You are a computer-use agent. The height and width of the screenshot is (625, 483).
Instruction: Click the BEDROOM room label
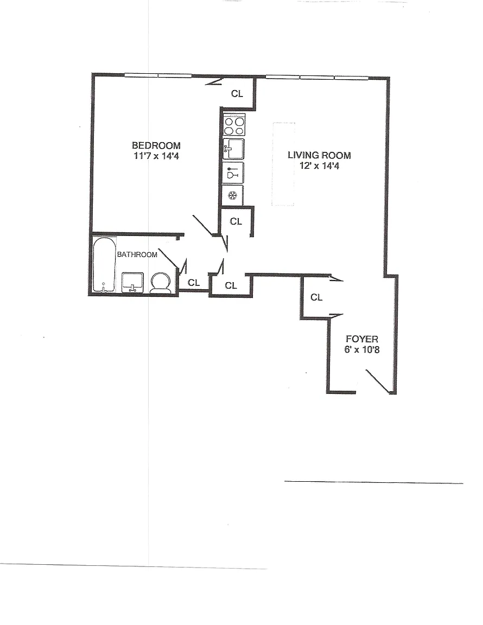click(x=156, y=145)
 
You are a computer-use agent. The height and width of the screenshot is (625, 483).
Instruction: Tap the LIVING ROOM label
click(x=319, y=155)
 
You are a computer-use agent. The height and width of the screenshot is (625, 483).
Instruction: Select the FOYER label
click(x=362, y=339)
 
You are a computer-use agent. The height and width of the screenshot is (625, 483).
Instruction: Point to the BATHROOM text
click(x=137, y=254)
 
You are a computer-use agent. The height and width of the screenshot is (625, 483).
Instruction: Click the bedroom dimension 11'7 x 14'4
click(x=156, y=156)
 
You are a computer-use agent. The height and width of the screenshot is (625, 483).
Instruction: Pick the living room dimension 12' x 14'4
click(x=319, y=165)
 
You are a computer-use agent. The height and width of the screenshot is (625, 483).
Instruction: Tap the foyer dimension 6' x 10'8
click(x=362, y=349)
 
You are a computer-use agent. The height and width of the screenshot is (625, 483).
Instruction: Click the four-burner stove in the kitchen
click(x=234, y=125)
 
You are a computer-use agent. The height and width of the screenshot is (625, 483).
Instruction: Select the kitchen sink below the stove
click(x=233, y=149)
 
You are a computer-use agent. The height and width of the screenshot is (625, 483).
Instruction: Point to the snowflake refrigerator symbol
click(x=232, y=195)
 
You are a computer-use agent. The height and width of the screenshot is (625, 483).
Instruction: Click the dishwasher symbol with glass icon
click(x=233, y=173)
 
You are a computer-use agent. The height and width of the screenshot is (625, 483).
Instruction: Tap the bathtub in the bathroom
click(x=105, y=265)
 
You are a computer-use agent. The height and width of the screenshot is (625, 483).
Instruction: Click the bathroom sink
click(x=132, y=282)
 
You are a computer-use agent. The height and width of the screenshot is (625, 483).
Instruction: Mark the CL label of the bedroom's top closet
click(x=237, y=93)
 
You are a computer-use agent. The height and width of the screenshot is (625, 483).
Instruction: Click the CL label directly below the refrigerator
click(x=236, y=221)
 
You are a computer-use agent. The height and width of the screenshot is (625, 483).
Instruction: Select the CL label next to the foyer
click(x=316, y=297)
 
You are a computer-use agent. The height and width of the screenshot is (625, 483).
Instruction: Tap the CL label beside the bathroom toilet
click(x=194, y=283)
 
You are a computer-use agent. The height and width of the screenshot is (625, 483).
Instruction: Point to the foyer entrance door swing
click(x=378, y=382)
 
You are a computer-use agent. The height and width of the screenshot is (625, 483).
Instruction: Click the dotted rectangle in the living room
click(x=284, y=164)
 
